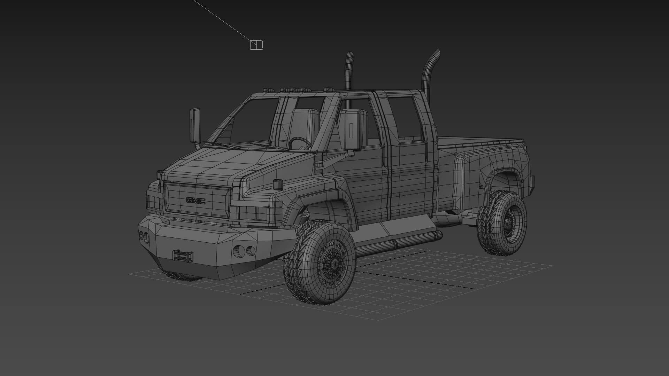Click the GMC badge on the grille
(x=195, y=201)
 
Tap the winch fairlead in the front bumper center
(x=182, y=255)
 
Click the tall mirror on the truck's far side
(x=195, y=125)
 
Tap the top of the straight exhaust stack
(x=349, y=56)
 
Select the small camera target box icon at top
(x=256, y=45)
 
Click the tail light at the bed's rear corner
(x=532, y=184)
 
